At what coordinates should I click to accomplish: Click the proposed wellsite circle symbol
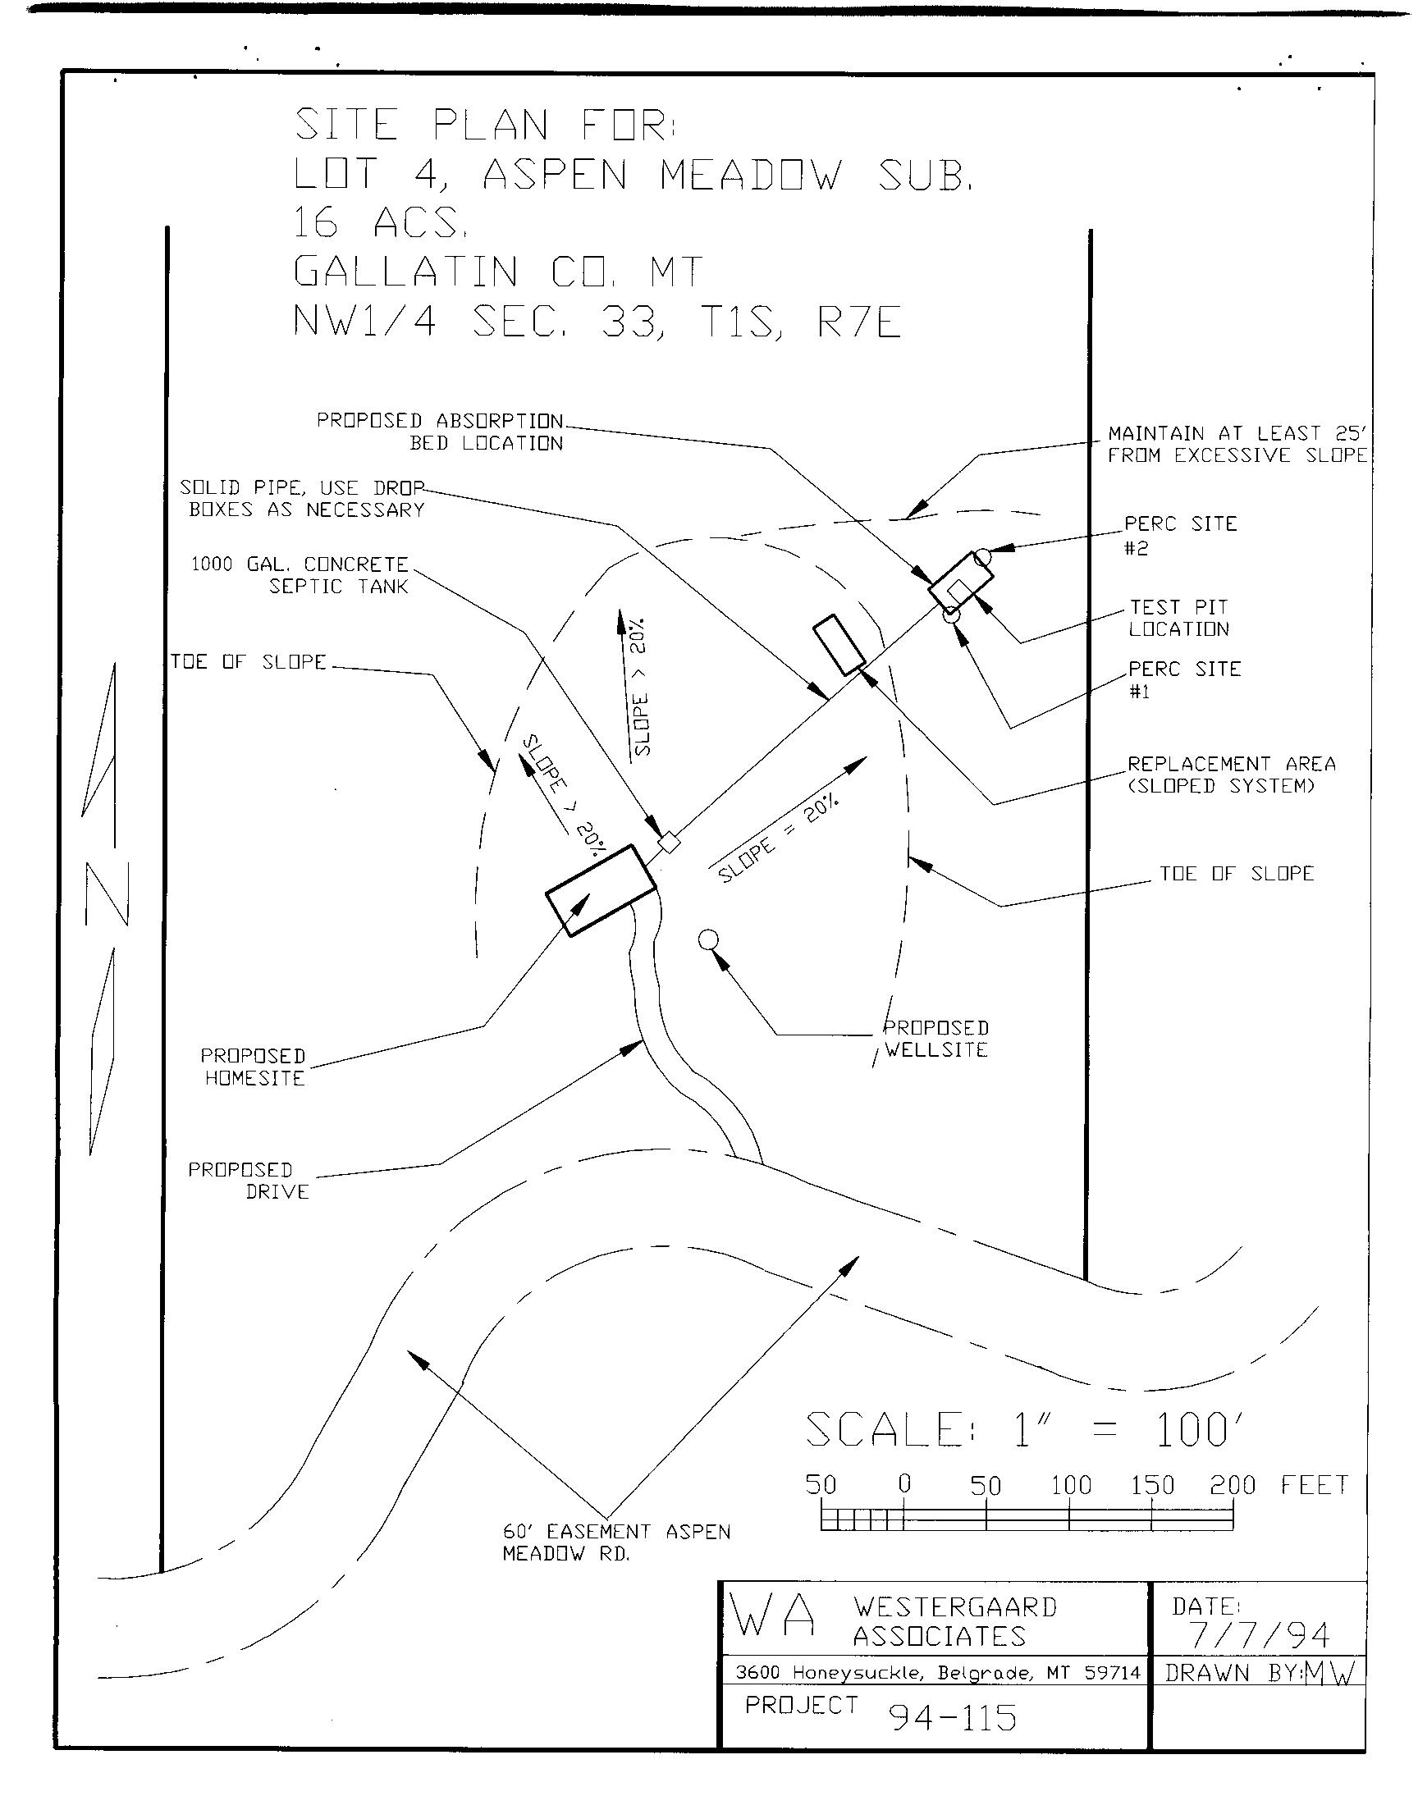(x=708, y=939)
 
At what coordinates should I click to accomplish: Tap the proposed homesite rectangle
(x=601, y=890)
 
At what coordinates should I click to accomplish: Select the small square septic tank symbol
(x=669, y=843)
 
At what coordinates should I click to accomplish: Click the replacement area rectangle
(x=839, y=646)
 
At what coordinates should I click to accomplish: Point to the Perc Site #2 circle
(x=983, y=556)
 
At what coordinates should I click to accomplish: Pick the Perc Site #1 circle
(x=951, y=615)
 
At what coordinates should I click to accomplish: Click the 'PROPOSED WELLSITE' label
(x=935, y=1039)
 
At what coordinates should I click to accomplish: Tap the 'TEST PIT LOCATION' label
(x=1178, y=619)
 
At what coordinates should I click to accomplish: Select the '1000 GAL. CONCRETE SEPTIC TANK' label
(x=301, y=575)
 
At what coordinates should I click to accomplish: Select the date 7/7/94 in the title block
(x=1260, y=1634)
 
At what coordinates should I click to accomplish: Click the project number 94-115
(x=953, y=1717)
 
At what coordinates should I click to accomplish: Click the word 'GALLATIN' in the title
(x=406, y=272)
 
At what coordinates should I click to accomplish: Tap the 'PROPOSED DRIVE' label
(x=249, y=1181)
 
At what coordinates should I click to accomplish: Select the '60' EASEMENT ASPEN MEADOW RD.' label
(x=616, y=1542)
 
